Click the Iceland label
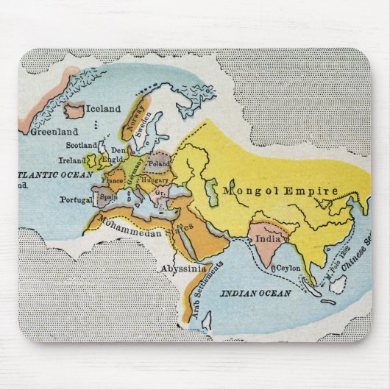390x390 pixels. [x=104, y=109]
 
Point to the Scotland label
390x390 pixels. [x=81, y=146]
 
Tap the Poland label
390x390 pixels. [x=158, y=163]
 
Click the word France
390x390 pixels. [x=112, y=180]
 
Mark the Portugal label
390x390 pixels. [x=77, y=199]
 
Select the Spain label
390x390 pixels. [x=109, y=197]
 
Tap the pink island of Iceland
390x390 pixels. [x=74, y=111]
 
